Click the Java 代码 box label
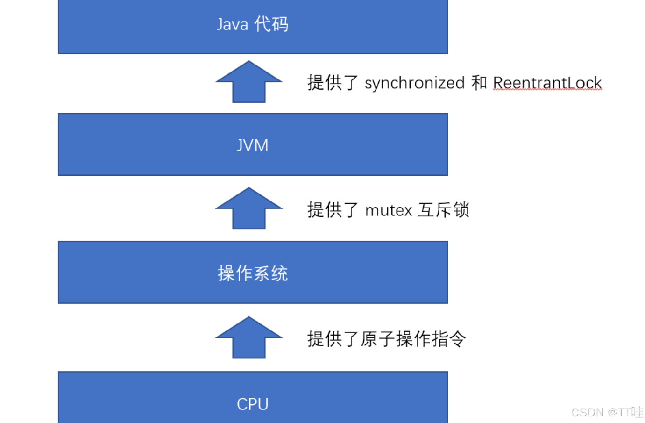(253, 24)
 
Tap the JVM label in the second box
(253, 145)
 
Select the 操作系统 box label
(253, 273)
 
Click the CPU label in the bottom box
(253, 404)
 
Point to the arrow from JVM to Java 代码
(249, 82)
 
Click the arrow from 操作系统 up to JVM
(249, 209)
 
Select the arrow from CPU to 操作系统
(249, 338)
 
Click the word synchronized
(415, 83)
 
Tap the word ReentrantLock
(547, 83)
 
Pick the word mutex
(389, 210)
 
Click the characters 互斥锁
(444, 210)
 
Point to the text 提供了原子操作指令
(386, 339)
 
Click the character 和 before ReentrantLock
(479, 83)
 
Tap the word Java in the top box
(232, 24)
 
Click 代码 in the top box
(271, 24)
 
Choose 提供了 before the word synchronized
(333, 83)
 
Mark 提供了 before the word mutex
(333, 210)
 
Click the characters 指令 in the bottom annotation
(449, 339)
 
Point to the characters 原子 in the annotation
(377, 339)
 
